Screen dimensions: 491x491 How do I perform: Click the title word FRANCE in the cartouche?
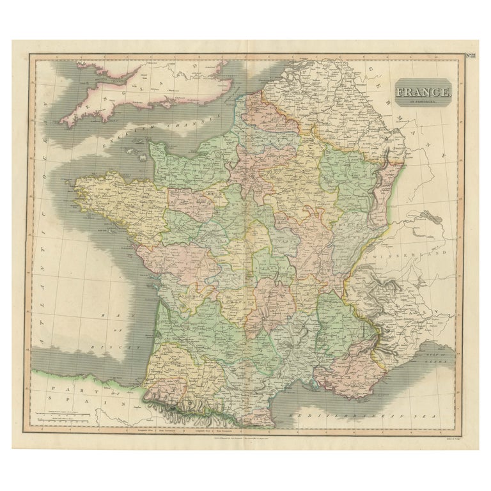[x=423, y=92]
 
